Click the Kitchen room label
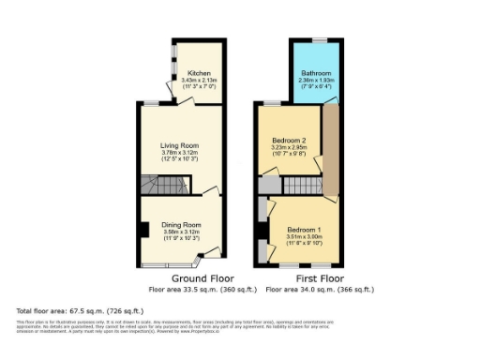[198, 73]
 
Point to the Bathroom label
[315, 73]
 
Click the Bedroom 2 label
[290, 141]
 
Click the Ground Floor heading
[202, 278]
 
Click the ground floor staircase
[154, 185]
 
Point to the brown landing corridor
[330, 150]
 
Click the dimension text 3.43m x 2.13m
[198, 81]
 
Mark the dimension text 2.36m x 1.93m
[315, 81]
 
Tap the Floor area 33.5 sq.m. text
[202, 288]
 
